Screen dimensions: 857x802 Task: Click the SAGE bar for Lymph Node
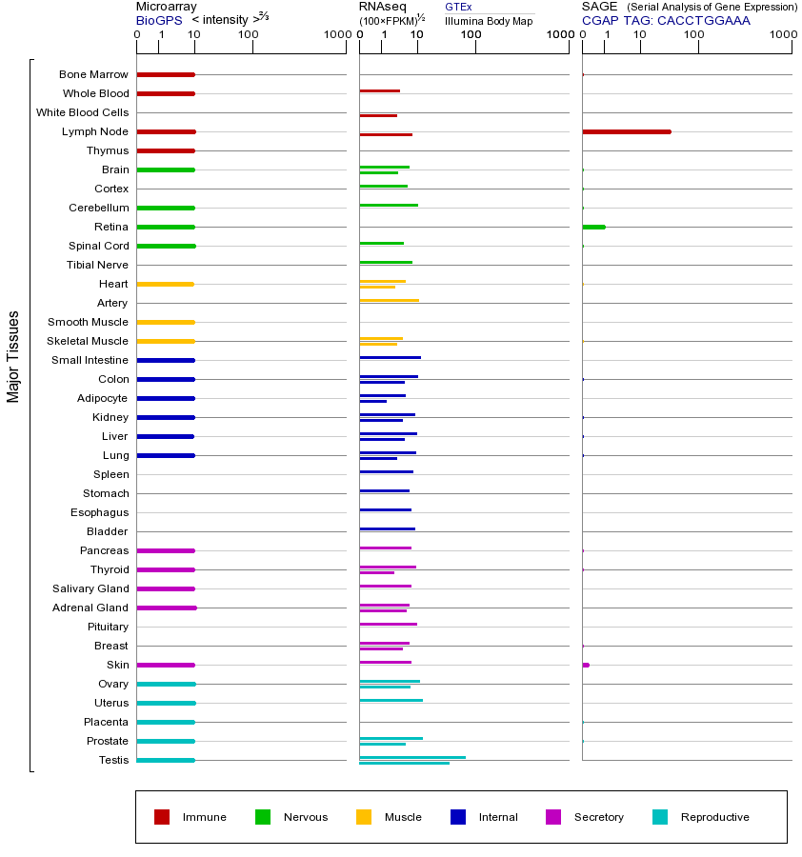point(626,131)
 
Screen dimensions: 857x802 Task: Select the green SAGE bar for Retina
point(593,227)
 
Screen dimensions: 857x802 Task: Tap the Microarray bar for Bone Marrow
point(166,74)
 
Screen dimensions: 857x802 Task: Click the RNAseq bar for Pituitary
point(388,624)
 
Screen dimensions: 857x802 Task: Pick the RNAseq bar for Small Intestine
point(390,357)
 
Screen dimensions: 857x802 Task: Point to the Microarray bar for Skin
point(166,665)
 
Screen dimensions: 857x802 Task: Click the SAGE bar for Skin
point(586,665)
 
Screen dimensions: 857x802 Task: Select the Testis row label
point(113,760)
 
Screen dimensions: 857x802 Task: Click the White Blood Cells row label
point(82,112)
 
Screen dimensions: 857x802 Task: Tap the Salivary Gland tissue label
point(90,588)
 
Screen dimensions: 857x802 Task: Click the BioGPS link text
point(158,20)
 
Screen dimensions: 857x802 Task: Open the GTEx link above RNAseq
point(458,7)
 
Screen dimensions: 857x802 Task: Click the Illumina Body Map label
point(489,20)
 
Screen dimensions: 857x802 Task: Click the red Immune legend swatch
point(162,817)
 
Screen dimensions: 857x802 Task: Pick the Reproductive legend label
point(714,817)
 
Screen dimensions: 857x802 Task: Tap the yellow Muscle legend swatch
point(364,817)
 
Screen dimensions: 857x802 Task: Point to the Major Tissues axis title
point(13,355)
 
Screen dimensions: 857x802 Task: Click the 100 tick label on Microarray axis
point(249,35)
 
